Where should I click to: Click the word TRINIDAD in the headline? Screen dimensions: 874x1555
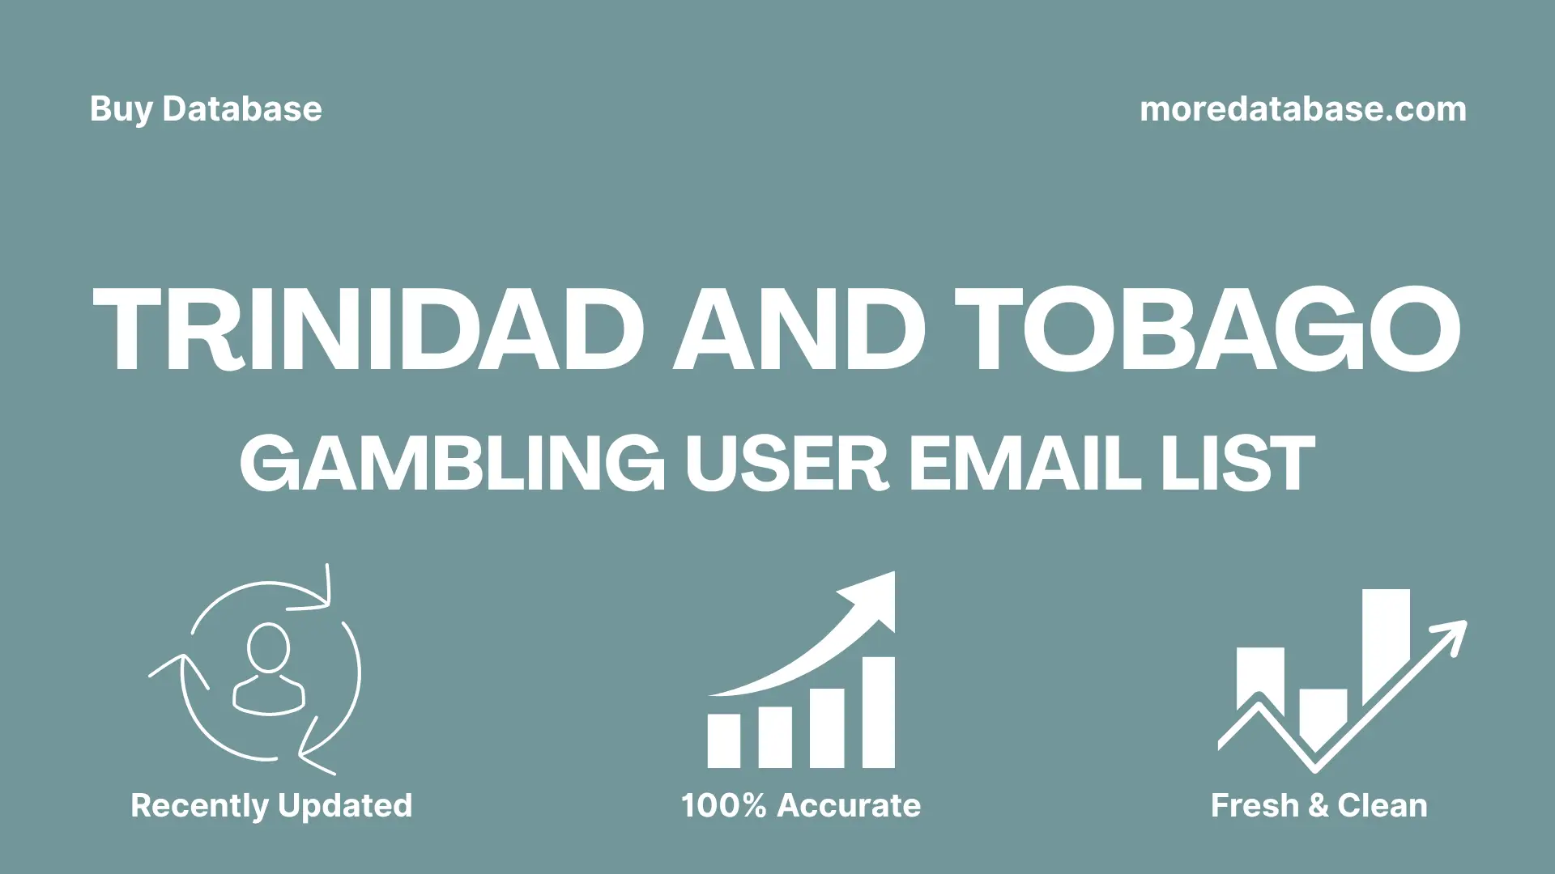[x=369, y=330]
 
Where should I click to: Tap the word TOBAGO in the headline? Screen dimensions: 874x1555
[x=1207, y=330]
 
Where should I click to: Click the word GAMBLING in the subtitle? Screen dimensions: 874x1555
[x=452, y=464]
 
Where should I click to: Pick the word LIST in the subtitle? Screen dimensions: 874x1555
[x=1238, y=464]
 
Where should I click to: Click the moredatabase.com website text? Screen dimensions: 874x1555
[x=1302, y=109]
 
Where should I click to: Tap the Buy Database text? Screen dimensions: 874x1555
[x=206, y=109]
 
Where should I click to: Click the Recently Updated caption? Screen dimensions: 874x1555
[x=271, y=805]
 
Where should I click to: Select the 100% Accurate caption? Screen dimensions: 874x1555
[x=801, y=805]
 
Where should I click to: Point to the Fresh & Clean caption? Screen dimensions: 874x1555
[x=1319, y=805]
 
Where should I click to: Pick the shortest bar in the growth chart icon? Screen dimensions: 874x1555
[x=723, y=740]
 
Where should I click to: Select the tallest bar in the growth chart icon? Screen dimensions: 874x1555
[x=878, y=712]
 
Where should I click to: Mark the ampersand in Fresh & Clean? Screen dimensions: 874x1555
[x=1318, y=806]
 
